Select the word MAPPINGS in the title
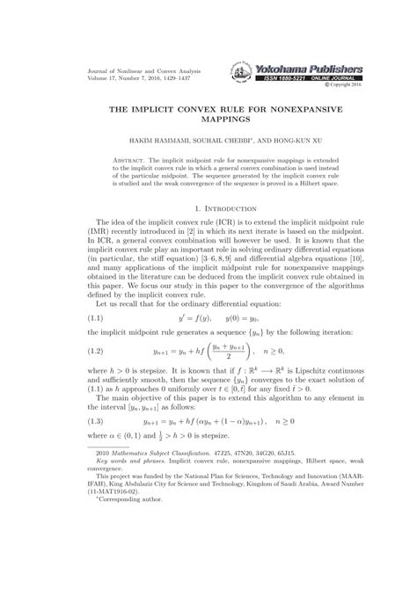pos(208,115)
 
